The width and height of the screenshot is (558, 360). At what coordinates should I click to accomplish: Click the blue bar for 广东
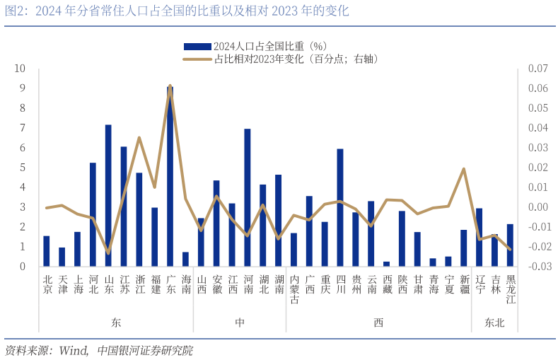[x=170, y=177]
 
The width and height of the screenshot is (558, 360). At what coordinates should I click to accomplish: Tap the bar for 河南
[x=248, y=198]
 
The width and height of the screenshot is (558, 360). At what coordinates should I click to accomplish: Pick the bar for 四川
[x=340, y=208]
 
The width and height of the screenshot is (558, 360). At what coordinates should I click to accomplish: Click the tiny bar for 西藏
[x=386, y=264]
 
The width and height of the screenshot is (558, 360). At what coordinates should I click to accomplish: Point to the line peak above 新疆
[x=464, y=168]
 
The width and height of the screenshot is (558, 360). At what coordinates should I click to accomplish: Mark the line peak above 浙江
[x=139, y=138]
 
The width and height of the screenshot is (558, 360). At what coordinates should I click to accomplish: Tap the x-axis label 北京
[x=47, y=284]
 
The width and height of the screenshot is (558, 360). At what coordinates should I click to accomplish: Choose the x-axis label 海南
[x=186, y=284]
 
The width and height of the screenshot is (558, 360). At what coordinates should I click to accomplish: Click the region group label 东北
[x=494, y=323]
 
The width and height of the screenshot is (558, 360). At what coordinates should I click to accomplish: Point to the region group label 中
[x=240, y=323]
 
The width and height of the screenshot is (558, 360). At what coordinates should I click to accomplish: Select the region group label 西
[x=378, y=323]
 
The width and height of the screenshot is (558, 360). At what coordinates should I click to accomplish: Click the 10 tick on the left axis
[x=21, y=69]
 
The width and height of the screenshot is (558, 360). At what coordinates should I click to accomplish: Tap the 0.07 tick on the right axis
[x=537, y=69]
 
